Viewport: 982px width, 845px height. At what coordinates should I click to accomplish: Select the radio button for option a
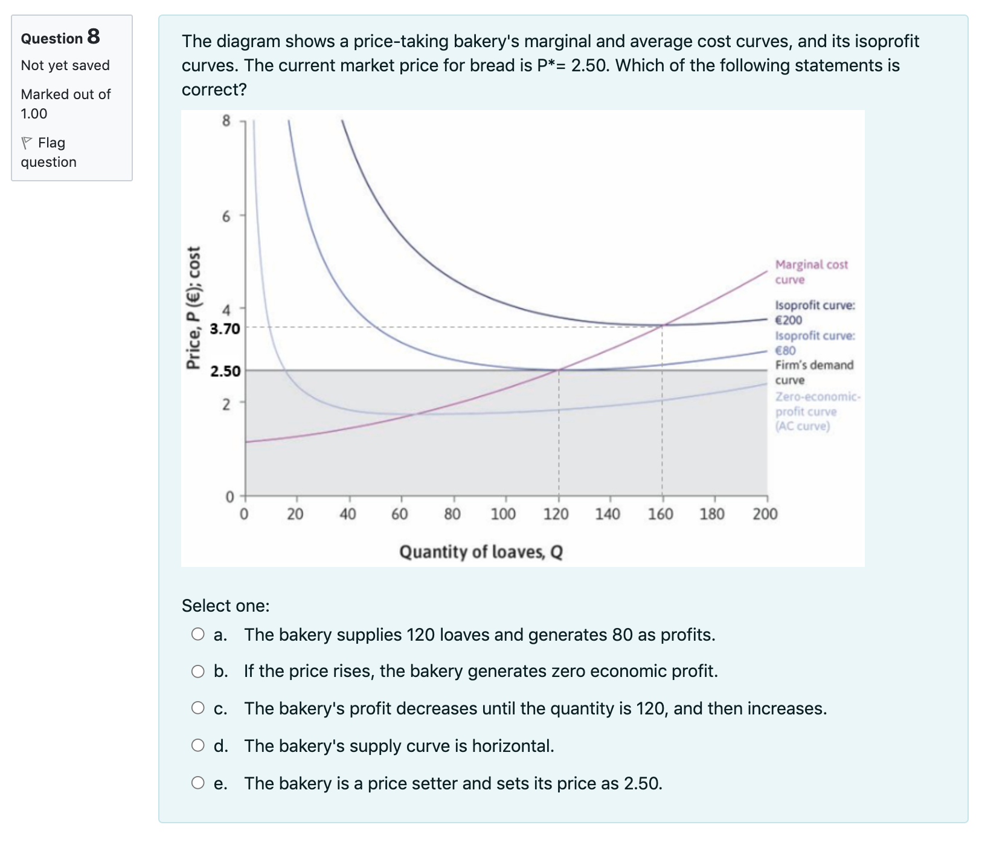pos(198,634)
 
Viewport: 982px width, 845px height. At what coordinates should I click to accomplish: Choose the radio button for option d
pos(198,745)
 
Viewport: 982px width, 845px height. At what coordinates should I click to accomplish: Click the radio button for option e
pos(198,783)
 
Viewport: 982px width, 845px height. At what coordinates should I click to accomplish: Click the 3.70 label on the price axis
pos(225,329)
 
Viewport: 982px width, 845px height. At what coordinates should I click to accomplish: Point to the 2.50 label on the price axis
pos(225,371)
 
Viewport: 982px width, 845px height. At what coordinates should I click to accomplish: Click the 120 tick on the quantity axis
pos(556,514)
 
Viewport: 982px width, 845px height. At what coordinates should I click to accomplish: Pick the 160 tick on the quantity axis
pos(661,514)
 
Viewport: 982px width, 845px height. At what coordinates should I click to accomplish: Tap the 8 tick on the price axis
pos(226,121)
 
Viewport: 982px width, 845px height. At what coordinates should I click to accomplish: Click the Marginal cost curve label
pos(810,272)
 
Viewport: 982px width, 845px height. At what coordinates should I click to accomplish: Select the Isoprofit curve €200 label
pos(814,312)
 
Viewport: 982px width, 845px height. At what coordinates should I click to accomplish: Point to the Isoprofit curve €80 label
pos(814,343)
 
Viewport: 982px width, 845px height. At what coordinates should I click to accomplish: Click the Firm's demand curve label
pos(814,372)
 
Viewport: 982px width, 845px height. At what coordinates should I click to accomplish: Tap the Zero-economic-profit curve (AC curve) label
pos(817,411)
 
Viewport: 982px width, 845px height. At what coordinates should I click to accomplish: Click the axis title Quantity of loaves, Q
pos(481,552)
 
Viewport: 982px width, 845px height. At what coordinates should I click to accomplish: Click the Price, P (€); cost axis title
pos(193,308)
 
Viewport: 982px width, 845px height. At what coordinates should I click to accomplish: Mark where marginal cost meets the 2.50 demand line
pos(559,370)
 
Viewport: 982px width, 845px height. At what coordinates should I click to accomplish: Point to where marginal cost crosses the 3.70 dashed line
pos(662,326)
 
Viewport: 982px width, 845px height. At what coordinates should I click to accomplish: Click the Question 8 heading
pos(60,37)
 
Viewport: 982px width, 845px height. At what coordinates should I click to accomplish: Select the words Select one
pos(225,605)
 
